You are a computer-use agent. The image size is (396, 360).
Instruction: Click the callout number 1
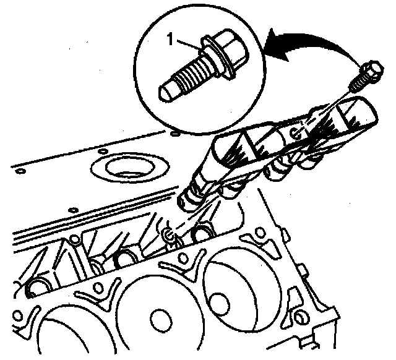coord(171,40)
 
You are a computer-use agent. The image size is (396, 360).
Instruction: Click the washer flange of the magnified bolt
coord(218,59)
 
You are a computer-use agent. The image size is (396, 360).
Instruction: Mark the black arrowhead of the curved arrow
coord(278,45)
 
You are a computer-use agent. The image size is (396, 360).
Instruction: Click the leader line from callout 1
coord(190,45)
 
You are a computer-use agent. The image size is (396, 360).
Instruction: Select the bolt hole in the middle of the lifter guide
coord(295,133)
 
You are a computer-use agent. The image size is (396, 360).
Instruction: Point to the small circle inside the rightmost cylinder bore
coord(220,304)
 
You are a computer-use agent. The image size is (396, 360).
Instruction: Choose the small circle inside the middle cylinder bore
coord(160,319)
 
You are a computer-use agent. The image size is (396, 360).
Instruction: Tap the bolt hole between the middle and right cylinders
coord(183,257)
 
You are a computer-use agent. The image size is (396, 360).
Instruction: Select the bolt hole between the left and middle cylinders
coord(98,287)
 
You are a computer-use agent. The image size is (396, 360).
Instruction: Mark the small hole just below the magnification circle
coord(174,134)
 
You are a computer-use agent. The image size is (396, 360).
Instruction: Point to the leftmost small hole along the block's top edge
coord(20,171)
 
